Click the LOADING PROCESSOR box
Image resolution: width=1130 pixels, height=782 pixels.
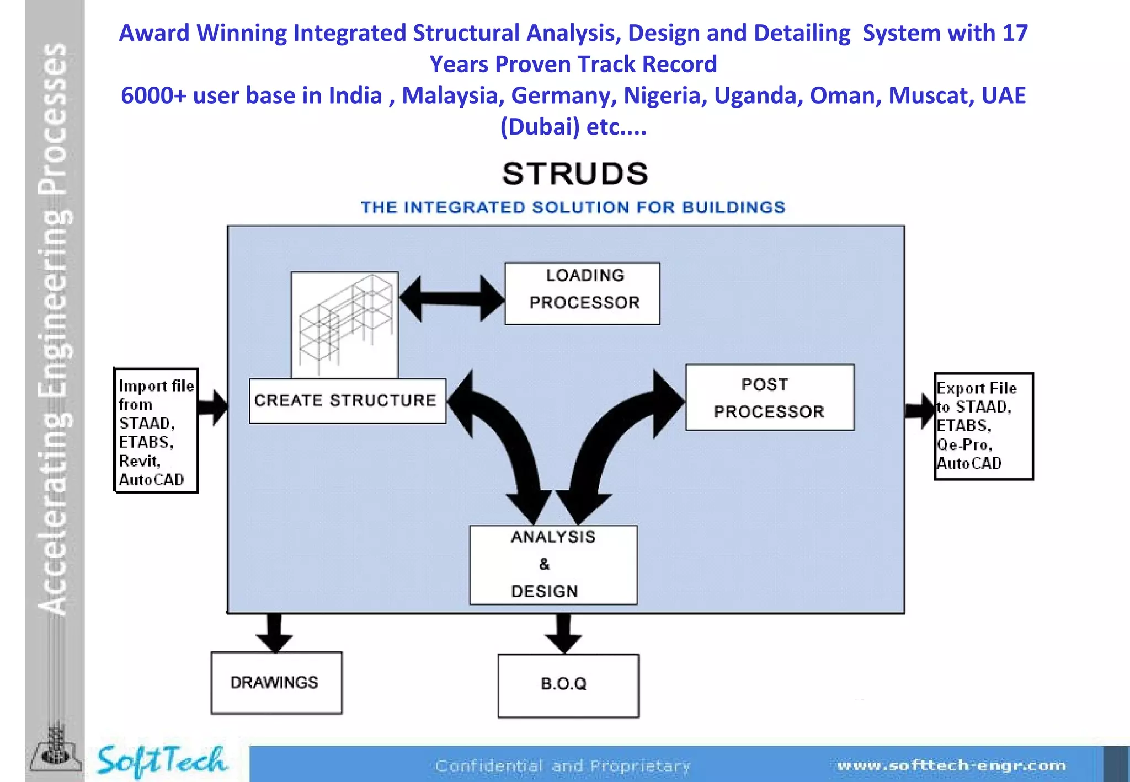[x=582, y=293]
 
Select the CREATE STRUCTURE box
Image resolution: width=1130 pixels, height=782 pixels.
[x=347, y=401]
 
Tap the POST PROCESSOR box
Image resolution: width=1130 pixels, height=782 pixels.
[x=769, y=398]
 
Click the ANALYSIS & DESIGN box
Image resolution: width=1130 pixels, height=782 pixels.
[x=553, y=565]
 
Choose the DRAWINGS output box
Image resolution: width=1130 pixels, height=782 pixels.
[x=276, y=683]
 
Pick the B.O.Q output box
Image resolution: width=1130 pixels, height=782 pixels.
[x=568, y=685]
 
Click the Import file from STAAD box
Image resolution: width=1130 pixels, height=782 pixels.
[x=156, y=431]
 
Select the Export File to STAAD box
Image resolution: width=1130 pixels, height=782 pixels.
[x=983, y=426]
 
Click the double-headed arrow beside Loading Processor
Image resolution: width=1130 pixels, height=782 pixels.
[x=451, y=298]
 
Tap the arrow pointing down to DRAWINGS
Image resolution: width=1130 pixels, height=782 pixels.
[x=274, y=633]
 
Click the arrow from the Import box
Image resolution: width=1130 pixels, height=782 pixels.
[x=213, y=408]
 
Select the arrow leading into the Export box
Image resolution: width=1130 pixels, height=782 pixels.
[x=919, y=410]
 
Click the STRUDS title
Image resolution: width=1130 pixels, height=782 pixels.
[x=574, y=174]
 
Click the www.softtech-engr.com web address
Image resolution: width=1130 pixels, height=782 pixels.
[x=951, y=765]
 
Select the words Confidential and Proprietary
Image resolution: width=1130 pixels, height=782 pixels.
[x=563, y=765]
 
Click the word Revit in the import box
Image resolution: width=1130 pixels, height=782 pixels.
[x=138, y=461]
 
